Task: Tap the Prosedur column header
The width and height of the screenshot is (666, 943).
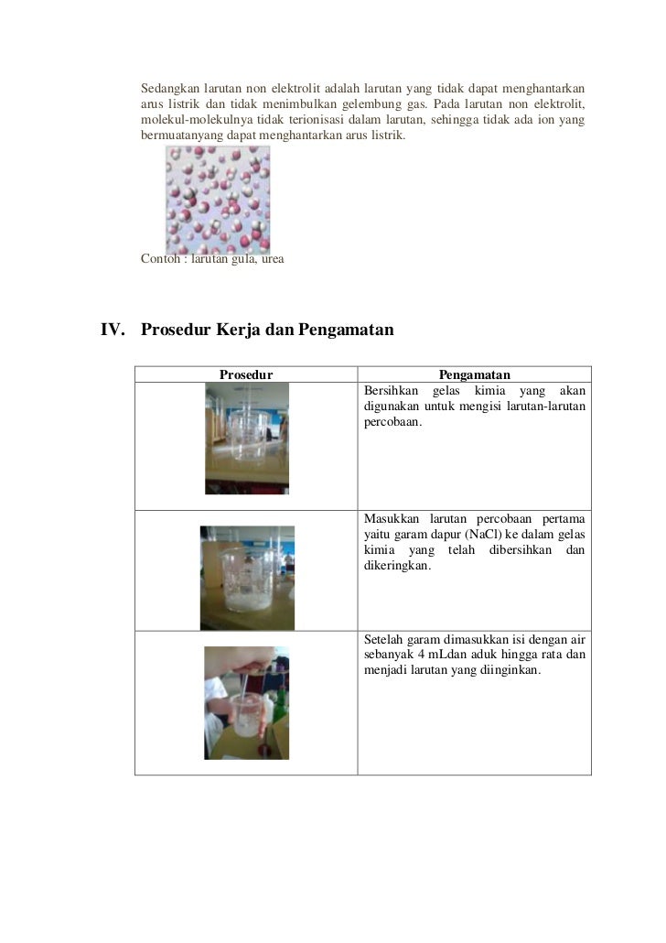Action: tap(246, 374)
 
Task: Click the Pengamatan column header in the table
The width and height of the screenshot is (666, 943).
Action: tap(474, 374)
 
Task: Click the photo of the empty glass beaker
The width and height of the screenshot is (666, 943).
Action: tap(246, 438)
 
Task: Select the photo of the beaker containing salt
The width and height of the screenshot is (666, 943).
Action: tap(247, 577)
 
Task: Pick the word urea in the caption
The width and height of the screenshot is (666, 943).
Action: tap(273, 260)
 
